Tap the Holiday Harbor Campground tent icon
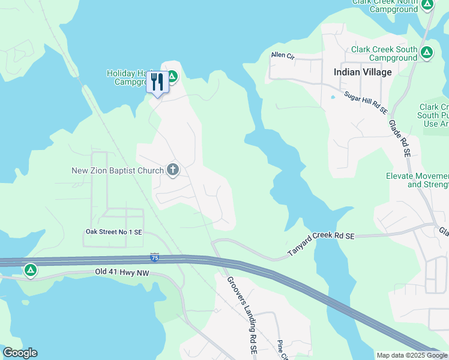[172, 76]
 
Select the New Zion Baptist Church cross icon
[173, 170]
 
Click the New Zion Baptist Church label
[117, 170]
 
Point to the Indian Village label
[363, 72]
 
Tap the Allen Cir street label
[283, 55]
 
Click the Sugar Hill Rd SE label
[366, 102]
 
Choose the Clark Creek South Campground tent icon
[427, 52]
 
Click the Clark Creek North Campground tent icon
[427, 5]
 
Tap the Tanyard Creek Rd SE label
[321, 245]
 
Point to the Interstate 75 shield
[155, 257]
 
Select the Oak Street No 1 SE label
[113, 232]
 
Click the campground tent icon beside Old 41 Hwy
[30, 271]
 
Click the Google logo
[20, 353]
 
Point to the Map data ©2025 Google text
[411, 355]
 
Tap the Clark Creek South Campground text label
[384, 53]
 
